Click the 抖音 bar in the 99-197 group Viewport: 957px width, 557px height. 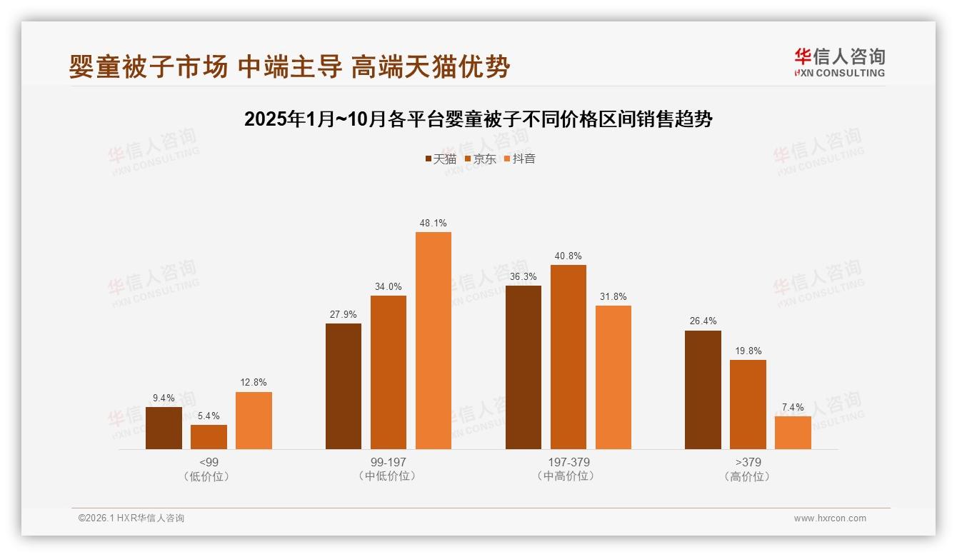click(x=434, y=341)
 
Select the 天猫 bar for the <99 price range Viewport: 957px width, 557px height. click(x=164, y=428)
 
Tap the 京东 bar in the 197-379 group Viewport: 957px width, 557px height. click(x=568, y=357)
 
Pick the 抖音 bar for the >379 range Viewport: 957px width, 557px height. click(x=793, y=433)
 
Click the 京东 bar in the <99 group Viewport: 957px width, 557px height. click(x=209, y=437)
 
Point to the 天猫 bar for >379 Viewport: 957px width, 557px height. click(x=703, y=390)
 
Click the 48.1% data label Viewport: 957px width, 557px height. click(x=434, y=224)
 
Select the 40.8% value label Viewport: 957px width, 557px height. click(x=568, y=256)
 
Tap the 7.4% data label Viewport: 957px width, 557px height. click(x=793, y=408)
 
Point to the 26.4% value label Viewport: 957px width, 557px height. click(x=703, y=321)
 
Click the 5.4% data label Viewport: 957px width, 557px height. click(x=209, y=416)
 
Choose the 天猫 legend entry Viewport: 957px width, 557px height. click(x=441, y=159)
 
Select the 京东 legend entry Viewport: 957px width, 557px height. click(x=481, y=159)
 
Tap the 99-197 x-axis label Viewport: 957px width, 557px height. click(x=389, y=462)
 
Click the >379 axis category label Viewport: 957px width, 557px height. click(x=748, y=462)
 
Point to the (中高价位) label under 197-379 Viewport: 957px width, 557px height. click(x=568, y=476)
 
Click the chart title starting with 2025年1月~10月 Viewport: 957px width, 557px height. click(x=478, y=119)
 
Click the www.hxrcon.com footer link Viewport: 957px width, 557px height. click(x=830, y=518)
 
